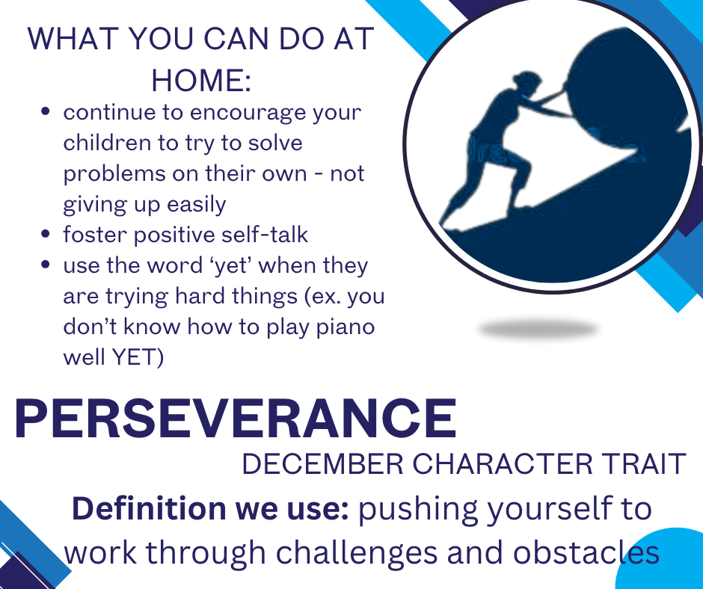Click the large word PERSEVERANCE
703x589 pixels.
(x=235, y=419)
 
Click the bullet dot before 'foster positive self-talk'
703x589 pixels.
(x=47, y=235)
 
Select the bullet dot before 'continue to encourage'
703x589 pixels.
(x=47, y=113)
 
